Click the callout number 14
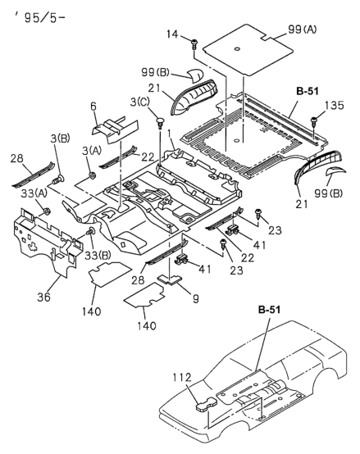pyautogui.click(x=172, y=34)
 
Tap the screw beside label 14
pyautogui.click(x=194, y=44)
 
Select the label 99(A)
pyautogui.click(x=302, y=30)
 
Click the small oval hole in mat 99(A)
pyautogui.click(x=237, y=48)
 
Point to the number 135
pyautogui.click(x=334, y=106)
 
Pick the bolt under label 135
pyautogui.click(x=313, y=121)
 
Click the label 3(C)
pyautogui.click(x=140, y=102)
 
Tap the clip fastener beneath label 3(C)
pyautogui.click(x=160, y=122)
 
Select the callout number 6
pyautogui.click(x=93, y=107)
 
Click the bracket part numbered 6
pyautogui.click(x=116, y=131)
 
